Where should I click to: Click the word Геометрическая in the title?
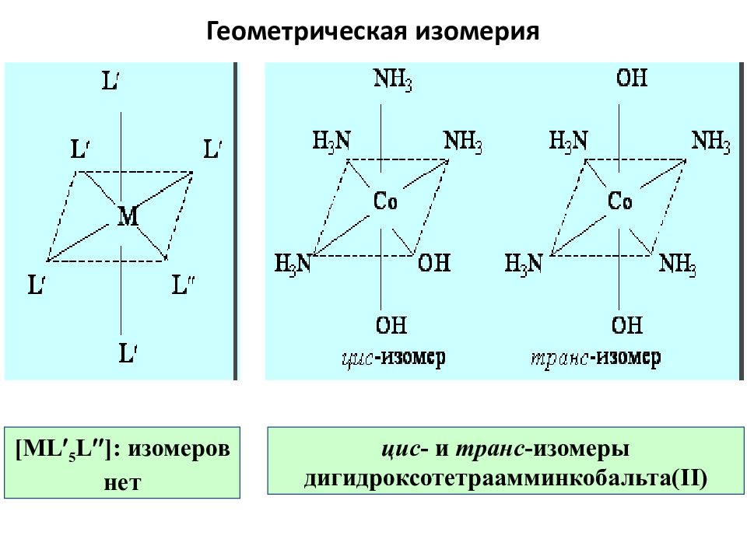307,31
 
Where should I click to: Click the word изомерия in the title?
477,31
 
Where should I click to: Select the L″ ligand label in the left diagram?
183,285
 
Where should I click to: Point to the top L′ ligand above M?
110,80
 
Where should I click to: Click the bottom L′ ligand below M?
128,353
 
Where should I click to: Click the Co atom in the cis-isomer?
385,201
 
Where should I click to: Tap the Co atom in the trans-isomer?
620,201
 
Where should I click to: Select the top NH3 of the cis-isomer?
392,79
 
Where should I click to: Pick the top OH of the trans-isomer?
632,78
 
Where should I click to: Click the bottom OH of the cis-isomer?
391,325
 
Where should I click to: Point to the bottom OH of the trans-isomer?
627,325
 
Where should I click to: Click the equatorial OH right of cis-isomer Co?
434,262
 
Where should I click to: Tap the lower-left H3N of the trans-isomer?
524,264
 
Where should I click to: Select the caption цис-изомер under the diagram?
394,358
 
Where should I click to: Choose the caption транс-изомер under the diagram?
596,358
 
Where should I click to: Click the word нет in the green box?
122,482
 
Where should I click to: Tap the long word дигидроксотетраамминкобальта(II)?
506,478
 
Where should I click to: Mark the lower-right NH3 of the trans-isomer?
678,264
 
